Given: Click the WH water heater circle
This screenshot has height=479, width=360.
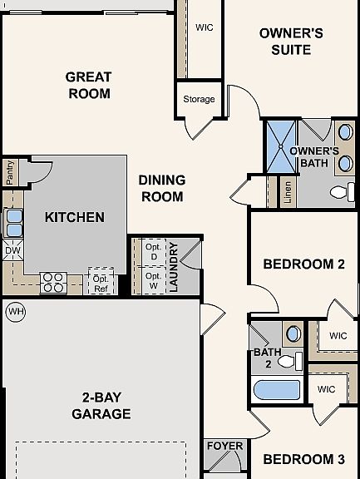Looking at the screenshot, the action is pyautogui.click(x=16, y=312).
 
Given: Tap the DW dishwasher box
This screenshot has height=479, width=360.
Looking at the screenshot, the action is pyautogui.click(x=12, y=250).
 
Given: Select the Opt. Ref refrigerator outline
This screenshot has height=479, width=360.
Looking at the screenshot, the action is pyautogui.click(x=101, y=281).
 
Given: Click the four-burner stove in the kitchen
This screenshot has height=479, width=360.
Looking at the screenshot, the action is pyautogui.click(x=53, y=283).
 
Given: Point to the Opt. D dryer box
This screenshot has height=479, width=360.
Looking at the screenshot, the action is pyautogui.click(x=154, y=252).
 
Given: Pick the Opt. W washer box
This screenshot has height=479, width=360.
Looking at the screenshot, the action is pyautogui.click(x=154, y=280).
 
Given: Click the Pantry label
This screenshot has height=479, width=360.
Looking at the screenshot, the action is pyautogui.click(x=9, y=173).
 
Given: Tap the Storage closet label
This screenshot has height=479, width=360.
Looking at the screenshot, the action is pyautogui.click(x=199, y=99).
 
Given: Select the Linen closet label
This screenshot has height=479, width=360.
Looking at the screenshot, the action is pyautogui.click(x=288, y=192).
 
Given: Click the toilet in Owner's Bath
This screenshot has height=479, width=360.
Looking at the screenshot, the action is pyautogui.click(x=343, y=192).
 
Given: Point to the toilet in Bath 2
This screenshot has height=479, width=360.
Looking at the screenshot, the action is pyautogui.click(x=290, y=361).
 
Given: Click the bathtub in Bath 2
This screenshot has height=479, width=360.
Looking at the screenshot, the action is pyautogui.click(x=277, y=390).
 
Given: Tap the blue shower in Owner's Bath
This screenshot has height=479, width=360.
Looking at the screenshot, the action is pyautogui.click(x=281, y=147).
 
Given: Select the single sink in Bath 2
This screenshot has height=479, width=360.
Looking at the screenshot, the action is pyautogui.click(x=293, y=334).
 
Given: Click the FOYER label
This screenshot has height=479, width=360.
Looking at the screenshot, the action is pyautogui.click(x=225, y=446).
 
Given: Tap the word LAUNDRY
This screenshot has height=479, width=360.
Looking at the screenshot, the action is pyautogui.click(x=173, y=267).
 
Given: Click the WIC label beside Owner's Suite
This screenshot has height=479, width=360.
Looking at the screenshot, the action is pyautogui.click(x=205, y=27).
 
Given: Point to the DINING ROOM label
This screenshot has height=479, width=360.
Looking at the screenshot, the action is pyautogui.click(x=162, y=188).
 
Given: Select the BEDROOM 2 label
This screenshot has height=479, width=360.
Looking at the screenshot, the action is pyautogui.click(x=303, y=264).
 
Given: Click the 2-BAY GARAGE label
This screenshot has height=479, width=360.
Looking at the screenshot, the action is pyautogui.click(x=101, y=406).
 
